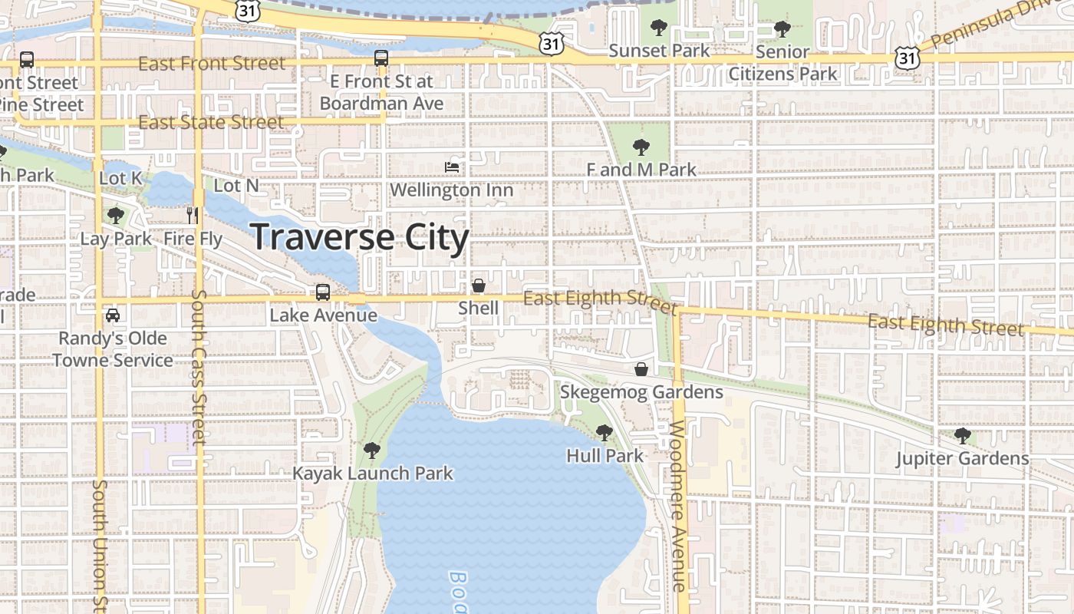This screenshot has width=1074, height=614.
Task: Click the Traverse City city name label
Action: click(360, 237)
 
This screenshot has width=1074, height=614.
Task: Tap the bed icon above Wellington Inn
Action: click(452, 167)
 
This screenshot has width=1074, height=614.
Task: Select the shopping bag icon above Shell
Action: click(479, 286)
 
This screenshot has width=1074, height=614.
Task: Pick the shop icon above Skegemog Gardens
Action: click(641, 370)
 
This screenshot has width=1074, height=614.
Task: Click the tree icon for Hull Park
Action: click(605, 433)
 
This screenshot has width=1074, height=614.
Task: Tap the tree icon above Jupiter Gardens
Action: click(963, 436)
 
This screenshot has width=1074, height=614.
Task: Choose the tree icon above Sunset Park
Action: click(658, 28)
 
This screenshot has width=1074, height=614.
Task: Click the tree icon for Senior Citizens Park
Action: click(782, 29)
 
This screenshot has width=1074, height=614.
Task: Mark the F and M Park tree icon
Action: click(641, 147)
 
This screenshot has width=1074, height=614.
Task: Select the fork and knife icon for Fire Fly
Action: click(193, 215)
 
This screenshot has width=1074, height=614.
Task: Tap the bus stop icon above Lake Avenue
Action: click(323, 292)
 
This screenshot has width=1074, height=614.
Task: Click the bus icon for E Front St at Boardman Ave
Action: click(381, 58)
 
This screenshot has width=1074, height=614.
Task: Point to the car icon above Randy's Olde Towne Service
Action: click(113, 315)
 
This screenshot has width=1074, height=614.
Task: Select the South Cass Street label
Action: click(199, 367)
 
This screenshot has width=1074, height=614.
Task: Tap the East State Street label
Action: click(211, 123)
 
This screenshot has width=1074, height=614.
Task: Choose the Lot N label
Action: click(236, 186)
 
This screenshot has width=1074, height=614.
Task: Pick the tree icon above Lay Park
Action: click(116, 216)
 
